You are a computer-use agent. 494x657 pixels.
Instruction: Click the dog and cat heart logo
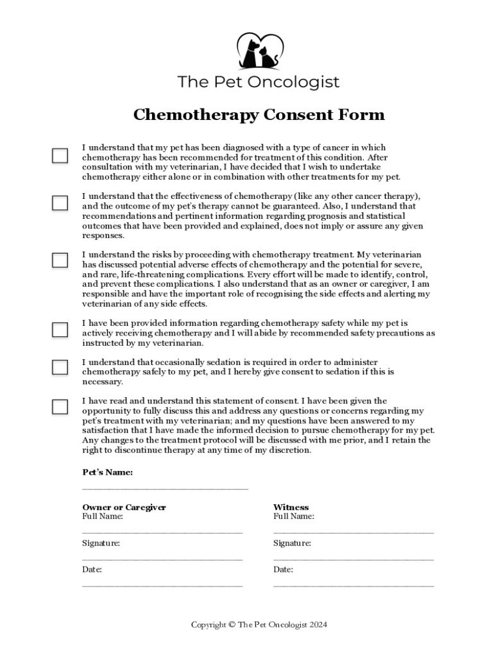259,51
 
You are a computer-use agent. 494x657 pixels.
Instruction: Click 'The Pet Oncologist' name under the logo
259,83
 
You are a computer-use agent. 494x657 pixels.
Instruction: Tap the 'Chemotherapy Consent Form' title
259,115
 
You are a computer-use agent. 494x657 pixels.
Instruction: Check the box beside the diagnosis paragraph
60,156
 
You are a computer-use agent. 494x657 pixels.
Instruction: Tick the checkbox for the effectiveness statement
60,203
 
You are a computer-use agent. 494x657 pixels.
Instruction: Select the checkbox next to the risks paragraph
60,260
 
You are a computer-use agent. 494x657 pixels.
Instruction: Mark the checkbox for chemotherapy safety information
60,330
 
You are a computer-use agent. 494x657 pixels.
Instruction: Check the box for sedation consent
60,367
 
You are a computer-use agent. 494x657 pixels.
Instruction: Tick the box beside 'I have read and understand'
60,407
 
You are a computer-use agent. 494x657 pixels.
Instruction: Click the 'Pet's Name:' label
108,473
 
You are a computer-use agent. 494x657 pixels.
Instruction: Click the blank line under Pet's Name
165,489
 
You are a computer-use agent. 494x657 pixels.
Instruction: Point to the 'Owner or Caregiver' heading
124,508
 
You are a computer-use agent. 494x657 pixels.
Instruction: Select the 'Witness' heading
291,508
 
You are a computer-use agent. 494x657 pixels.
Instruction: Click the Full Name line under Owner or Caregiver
162,532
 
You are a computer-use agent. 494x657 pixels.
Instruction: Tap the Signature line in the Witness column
353,559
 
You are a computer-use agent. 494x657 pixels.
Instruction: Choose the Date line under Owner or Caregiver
162,586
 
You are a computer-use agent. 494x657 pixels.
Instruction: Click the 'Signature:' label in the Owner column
101,543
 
